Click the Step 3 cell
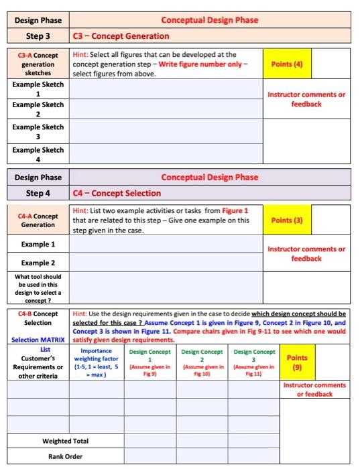click(39, 36)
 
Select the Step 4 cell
click(39, 193)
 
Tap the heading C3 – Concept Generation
click(121, 36)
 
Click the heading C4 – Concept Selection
click(117, 193)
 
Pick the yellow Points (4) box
click(287, 64)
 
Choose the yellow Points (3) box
click(287, 220)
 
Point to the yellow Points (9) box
click(296, 362)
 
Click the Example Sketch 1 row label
click(38, 89)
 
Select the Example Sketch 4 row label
click(38, 155)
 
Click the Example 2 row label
click(38, 263)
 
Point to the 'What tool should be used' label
click(38, 288)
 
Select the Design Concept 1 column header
click(147, 362)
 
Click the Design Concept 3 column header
click(254, 362)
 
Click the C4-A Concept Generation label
click(38, 220)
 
